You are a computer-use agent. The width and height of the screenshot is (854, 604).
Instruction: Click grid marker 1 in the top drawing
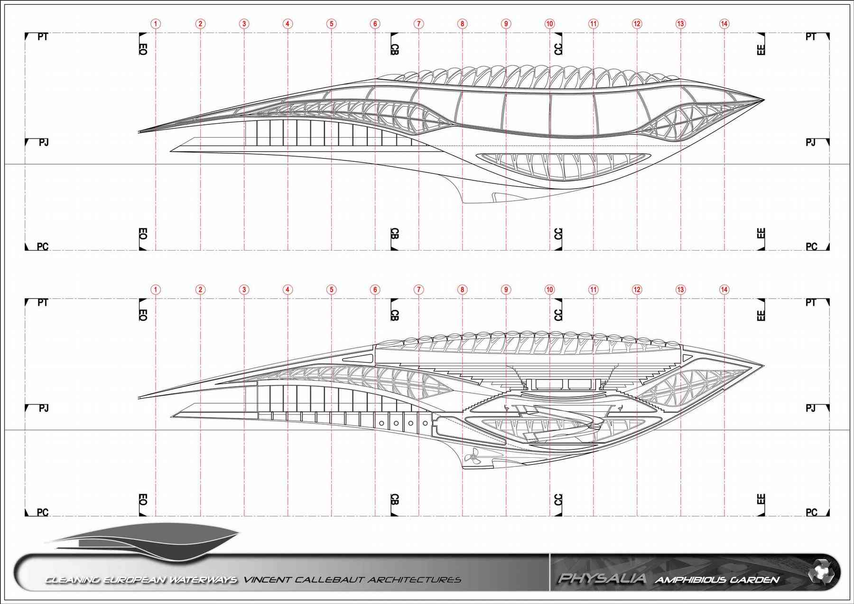156,24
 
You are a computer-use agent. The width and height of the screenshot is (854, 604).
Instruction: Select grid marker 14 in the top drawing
724,24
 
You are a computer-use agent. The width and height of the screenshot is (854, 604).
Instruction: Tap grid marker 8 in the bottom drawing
462,289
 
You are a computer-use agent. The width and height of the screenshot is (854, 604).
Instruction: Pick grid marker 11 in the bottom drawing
593,289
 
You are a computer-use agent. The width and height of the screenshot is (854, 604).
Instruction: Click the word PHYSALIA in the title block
602,578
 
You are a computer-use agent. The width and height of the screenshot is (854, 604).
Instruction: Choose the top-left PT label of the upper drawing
43,37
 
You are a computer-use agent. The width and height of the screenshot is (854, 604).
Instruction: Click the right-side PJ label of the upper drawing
811,142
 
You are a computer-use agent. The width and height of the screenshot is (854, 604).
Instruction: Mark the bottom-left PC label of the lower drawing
43,512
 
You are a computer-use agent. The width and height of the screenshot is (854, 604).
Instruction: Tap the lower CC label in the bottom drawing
558,500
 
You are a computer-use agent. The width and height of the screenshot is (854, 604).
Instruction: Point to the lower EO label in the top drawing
143,234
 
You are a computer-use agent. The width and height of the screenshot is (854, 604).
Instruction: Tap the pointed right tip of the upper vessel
764,100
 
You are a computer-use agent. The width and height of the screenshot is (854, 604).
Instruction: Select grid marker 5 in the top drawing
331,24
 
